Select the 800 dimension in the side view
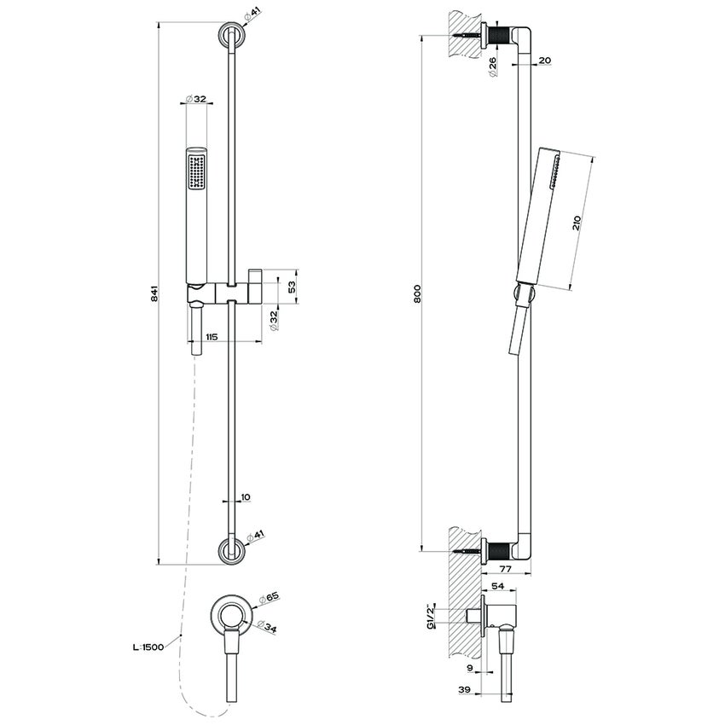coord(417,293)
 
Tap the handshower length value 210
coord(577,223)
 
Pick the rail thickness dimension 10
coord(246,496)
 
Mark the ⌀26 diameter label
coord(493,66)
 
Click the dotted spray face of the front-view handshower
coord(196,169)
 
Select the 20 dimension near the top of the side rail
coord(544,61)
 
